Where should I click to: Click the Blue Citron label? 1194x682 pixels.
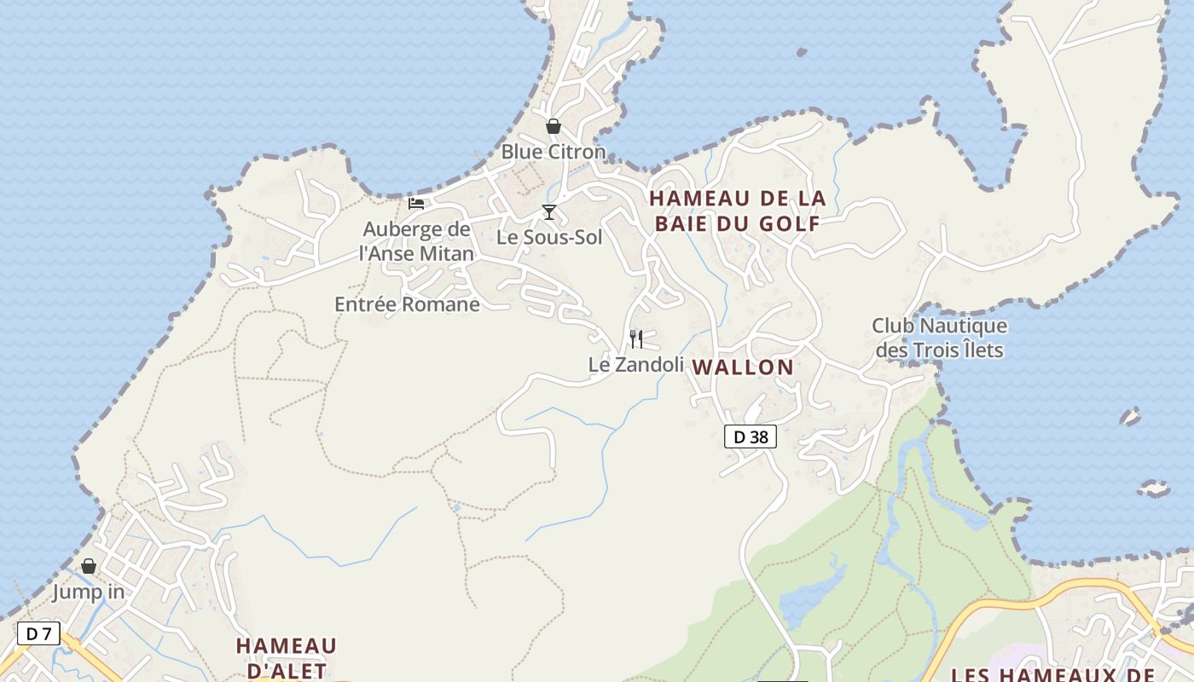[553, 152]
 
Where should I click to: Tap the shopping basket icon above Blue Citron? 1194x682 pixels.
[554, 127]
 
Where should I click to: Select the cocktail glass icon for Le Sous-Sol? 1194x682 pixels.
[549, 211]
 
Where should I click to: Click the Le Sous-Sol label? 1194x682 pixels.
[549, 237]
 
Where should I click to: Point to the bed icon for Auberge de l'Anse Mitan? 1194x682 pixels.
[416, 204]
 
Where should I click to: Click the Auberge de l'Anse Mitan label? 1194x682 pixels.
[416, 241]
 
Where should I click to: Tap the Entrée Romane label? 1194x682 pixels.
[407, 304]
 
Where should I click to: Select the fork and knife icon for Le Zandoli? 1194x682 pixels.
[636, 339]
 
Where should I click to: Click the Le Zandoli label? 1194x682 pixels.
[636, 365]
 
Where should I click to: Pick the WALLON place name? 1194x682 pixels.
[743, 367]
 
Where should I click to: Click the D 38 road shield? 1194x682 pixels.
[751, 437]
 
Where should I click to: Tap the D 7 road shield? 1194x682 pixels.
[38, 633]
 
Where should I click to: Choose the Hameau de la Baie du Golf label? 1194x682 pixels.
[737, 211]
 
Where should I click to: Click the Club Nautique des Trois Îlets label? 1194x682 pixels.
[939, 338]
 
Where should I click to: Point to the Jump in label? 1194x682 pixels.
[88, 592]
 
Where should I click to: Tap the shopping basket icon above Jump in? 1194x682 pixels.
[89, 567]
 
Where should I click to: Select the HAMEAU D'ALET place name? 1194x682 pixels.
[286, 657]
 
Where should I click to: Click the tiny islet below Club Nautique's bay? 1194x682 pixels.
[1130, 417]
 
